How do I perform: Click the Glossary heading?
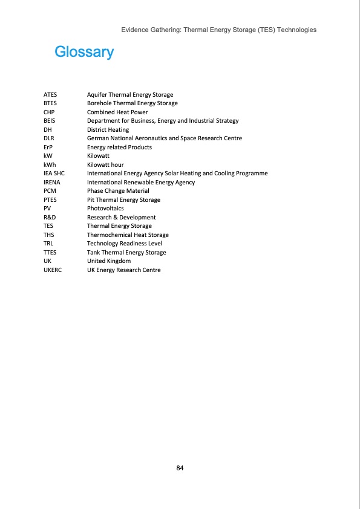click(x=84, y=52)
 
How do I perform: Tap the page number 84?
click(x=180, y=468)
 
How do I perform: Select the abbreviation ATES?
click(x=50, y=95)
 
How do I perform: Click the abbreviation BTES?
click(x=50, y=103)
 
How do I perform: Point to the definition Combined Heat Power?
click(x=117, y=112)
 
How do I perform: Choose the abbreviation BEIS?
click(x=50, y=121)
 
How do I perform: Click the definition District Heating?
click(x=108, y=130)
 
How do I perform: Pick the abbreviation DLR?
click(x=49, y=138)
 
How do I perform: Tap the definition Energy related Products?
click(x=119, y=148)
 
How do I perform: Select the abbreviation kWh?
click(x=50, y=165)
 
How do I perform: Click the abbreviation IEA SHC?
click(x=54, y=173)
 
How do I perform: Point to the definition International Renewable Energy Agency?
click(x=141, y=183)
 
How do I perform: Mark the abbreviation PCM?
click(x=50, y=191)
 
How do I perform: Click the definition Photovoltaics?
click(x=105, y=209)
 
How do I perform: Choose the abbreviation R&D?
click(x=50, y=218)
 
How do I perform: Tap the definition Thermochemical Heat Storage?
click(x=128, y=235)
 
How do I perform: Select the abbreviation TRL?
click(x=48, y=244)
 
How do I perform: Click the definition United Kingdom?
click(x=109, y=261)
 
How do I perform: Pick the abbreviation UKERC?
click(x=53, y=270)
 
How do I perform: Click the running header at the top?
click(x=218, y=30)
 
